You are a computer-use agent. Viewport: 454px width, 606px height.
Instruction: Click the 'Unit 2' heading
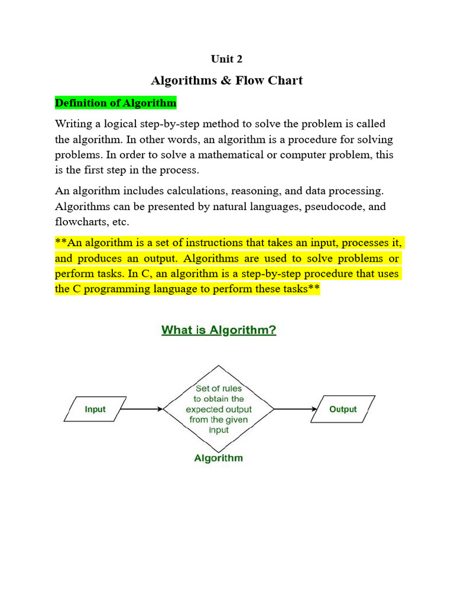click(x=227, y=59)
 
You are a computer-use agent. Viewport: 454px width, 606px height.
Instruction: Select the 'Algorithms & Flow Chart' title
click(x=227, y=80)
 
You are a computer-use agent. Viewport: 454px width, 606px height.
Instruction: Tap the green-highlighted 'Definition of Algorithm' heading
click(x=116, y=103)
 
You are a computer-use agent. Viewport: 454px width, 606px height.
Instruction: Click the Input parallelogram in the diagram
click(x=95, y=409)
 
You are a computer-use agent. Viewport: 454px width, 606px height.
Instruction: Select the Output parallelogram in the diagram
click(x=343, y=409)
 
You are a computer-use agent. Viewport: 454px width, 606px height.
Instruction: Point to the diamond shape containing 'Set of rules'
click(x=219, y=408)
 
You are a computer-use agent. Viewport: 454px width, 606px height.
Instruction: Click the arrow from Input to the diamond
click(x=142, y=409)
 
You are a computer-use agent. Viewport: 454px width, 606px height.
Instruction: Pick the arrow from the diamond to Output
click(x=295, y=409)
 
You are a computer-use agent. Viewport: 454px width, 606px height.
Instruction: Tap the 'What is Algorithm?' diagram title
click(x=219, y=330)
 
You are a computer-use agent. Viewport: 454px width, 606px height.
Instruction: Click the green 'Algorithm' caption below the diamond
click(x=219, y=458)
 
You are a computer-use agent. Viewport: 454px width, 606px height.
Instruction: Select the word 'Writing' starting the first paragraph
click(x=73, y=124)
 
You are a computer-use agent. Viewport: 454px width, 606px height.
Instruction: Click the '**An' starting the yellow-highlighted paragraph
click(x=66, y=243)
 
